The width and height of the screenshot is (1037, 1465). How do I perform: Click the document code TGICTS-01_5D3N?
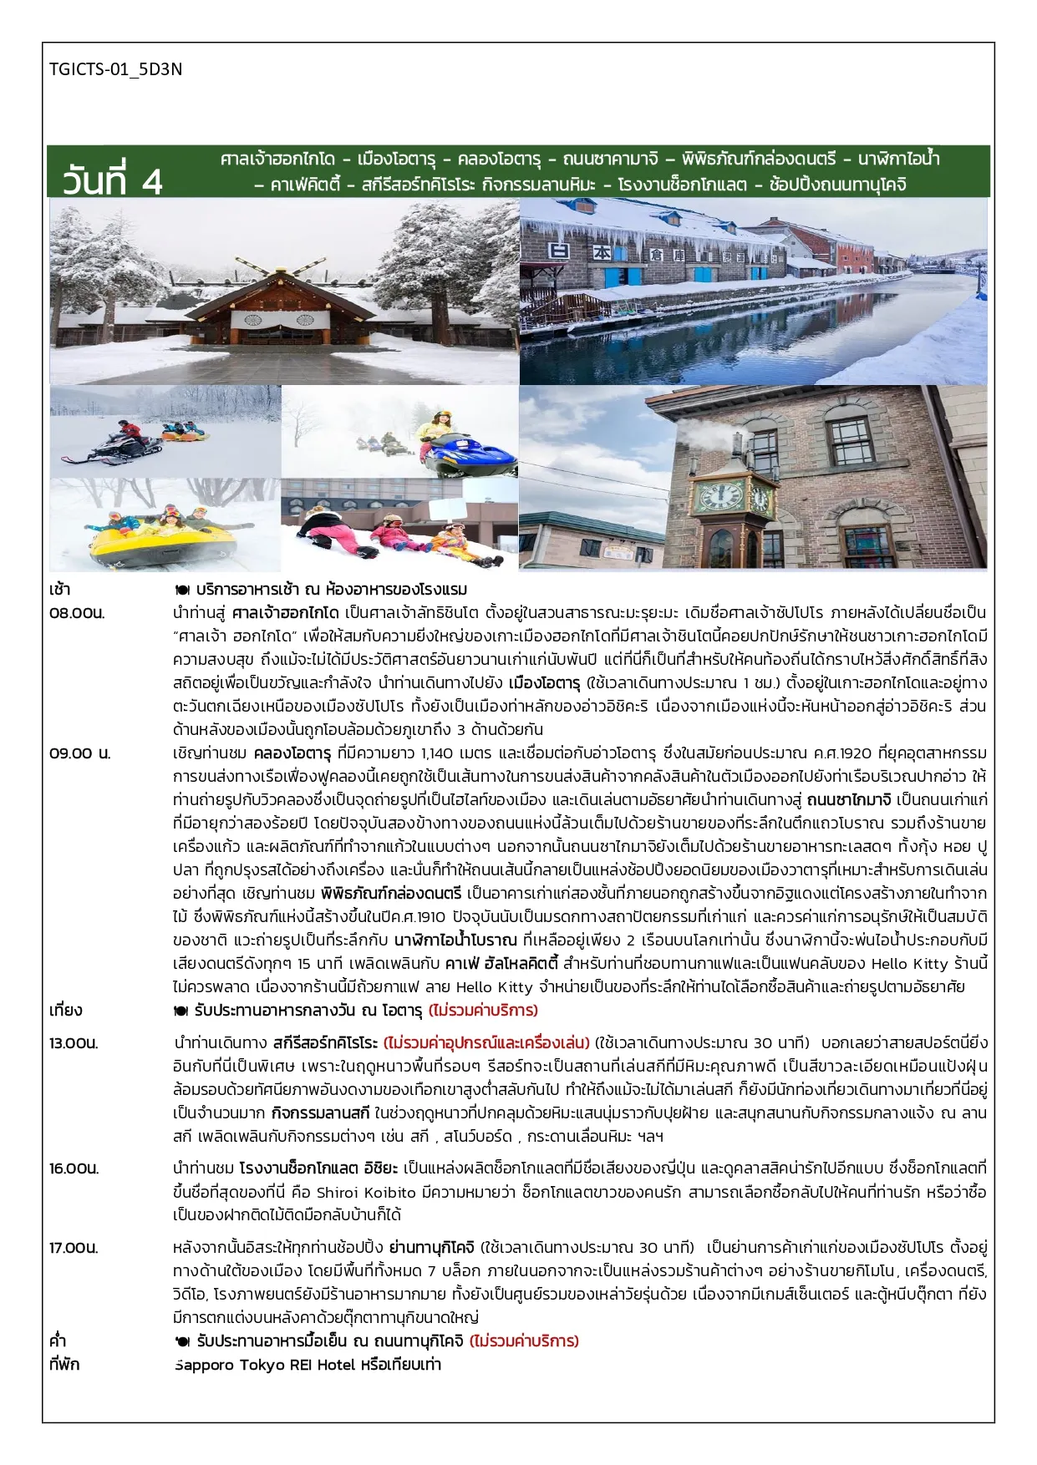(115, 69)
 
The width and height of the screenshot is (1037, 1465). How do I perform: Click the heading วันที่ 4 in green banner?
(112, 181)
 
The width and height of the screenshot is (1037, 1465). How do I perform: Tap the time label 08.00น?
(77, 612)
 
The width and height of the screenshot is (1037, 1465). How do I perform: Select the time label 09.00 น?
(79, 753)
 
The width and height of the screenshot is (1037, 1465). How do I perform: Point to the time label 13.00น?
(74, 1042)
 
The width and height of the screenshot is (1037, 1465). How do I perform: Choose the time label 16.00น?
(74, 1168)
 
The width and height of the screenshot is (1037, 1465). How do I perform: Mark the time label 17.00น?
(74, 1247)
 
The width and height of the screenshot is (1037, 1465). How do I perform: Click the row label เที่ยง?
(66, 1010)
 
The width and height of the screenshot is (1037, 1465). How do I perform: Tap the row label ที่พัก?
(64, 1364)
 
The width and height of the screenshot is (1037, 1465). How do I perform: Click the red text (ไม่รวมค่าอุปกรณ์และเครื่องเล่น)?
(487, 1042)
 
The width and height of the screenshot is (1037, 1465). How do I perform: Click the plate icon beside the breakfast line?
(182, 590)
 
